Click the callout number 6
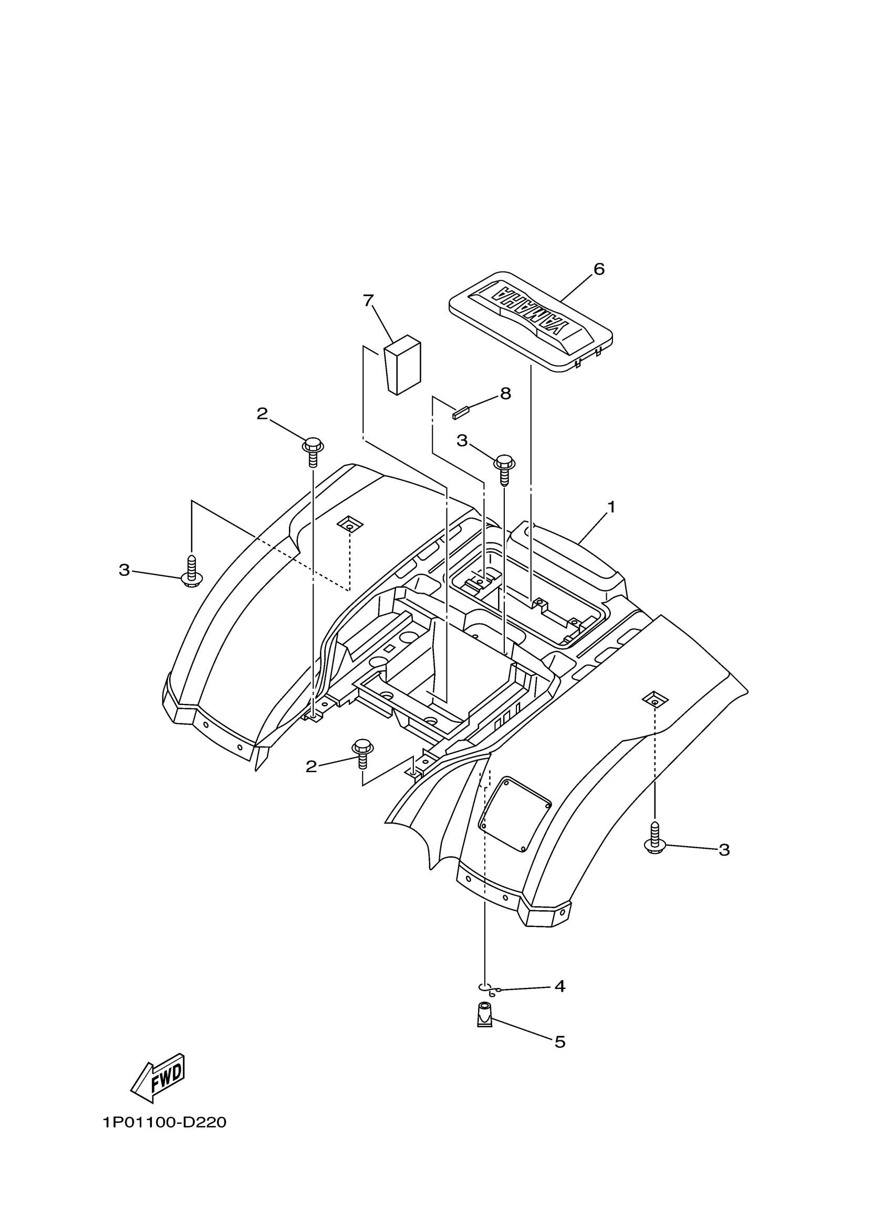click(x=598, y=269)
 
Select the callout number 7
click(x=369, y=300)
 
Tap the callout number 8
click(x=505, y=394)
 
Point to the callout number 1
click(x=611, y=508)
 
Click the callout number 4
click(x=560, y=986)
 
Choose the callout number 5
click(x=560, y=1042)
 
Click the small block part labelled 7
click(x=403, y=364)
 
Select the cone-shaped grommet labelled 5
click(x=484, y=1015)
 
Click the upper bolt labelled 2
click(x=313, y=451)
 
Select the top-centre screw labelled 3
click(x=504, y=468)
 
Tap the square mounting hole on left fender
click(x=349, y=525)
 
